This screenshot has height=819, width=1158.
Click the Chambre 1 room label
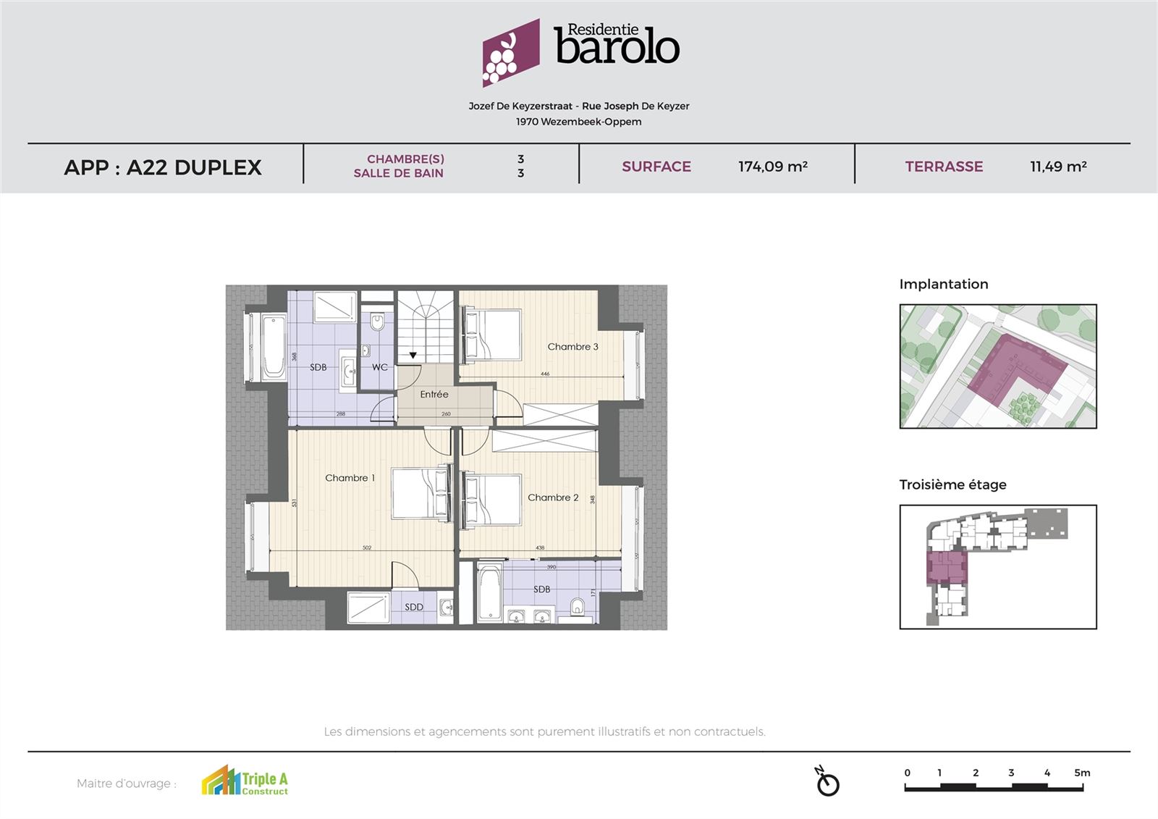(350, 478)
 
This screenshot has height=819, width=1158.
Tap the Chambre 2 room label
(553, 497)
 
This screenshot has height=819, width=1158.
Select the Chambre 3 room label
(572, 347)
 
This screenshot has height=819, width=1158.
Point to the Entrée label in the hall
(434, 395)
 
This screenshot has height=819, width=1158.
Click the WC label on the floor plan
(380, 367)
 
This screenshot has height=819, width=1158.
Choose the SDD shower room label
(414, 607)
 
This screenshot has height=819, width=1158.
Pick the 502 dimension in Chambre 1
(367, 547)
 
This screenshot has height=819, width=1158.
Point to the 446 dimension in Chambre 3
(545, 374)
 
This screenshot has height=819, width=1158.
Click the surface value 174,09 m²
(772, 167)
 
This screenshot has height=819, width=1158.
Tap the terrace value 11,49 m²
(1058, 167)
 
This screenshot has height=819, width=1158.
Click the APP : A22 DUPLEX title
(163, 167)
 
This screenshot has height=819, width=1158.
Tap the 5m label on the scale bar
(1082, 773)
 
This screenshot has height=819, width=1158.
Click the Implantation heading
(943, 284)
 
